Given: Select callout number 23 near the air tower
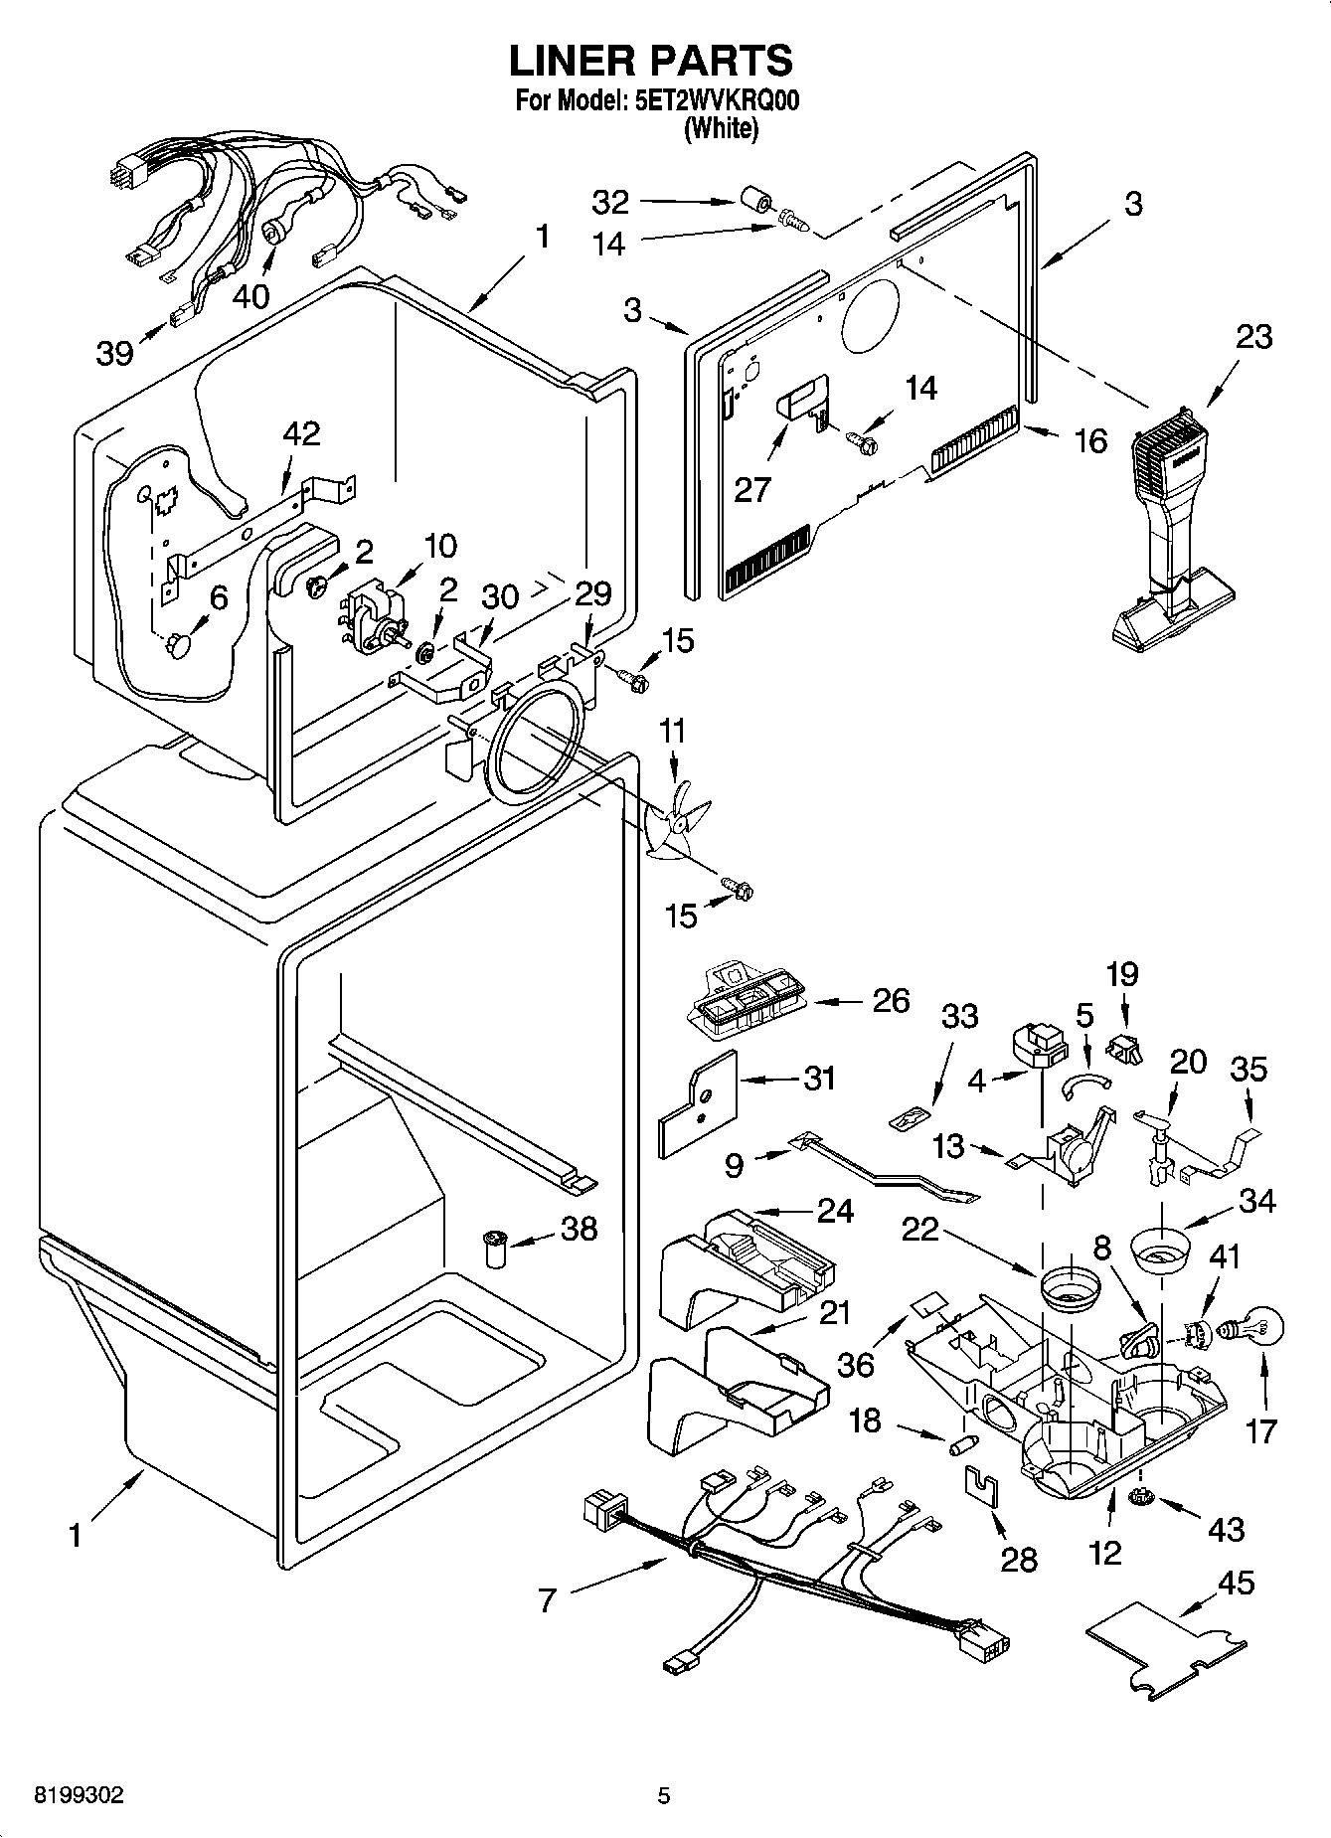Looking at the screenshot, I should click(1253, 337).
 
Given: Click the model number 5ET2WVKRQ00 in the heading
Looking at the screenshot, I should click(716, 101).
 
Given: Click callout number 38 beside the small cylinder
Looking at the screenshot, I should click(579, 1229).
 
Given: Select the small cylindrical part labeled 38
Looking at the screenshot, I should click(494, 1249).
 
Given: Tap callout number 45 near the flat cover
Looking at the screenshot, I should click(1236, 1582).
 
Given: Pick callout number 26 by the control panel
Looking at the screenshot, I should click(890, 1000).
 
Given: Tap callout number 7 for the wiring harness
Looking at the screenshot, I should click(547, 1600).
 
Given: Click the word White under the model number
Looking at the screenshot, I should click(721, 128).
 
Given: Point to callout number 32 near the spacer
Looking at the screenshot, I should click(610, 202).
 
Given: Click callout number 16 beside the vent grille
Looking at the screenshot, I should click(1090, 440).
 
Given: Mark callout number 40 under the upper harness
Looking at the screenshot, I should click(252, 295).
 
